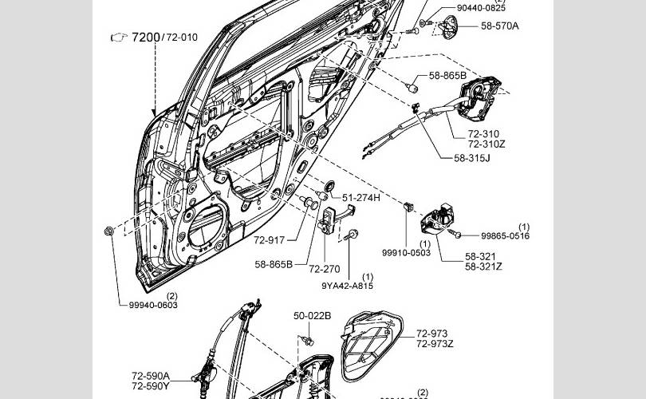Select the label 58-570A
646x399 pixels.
coord(499,26)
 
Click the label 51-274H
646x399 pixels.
coord(361,197)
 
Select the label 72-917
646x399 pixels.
coord(270,239)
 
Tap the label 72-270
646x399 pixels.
coord(325,269)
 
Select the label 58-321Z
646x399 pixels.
coord(483,266)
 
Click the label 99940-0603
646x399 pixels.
coord(153,305)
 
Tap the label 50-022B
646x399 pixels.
coord(312,315)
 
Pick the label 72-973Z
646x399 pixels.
coord(435,344)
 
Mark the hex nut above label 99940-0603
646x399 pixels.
coord(109,231)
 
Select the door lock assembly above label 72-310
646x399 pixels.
coord(483,97)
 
